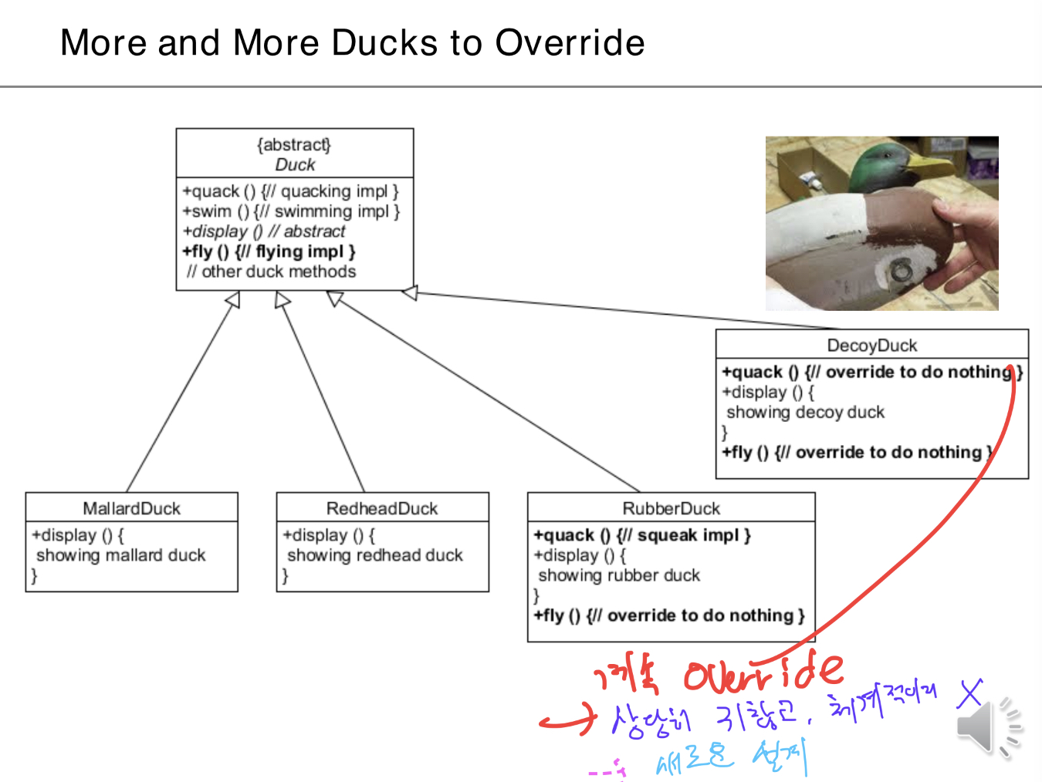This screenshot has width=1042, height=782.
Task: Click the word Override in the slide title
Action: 570,43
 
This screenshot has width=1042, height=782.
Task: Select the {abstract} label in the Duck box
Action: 294,145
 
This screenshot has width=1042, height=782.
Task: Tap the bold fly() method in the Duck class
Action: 269,251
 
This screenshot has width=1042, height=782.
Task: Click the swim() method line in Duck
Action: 291,211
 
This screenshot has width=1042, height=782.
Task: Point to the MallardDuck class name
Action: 131,508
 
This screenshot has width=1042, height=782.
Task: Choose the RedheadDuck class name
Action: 382,508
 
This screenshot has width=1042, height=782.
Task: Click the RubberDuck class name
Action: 671,508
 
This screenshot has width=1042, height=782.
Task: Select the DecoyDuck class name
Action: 872,345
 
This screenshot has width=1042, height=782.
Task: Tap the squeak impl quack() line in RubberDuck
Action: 641,535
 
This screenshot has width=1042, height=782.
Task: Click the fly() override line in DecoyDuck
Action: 857,453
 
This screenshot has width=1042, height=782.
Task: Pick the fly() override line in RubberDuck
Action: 668,615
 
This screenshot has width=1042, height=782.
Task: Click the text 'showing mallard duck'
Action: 121,555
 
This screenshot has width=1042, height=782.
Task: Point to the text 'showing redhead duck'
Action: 375,555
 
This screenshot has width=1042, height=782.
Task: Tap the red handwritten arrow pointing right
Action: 568,720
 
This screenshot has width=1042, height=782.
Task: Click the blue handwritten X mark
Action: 970,693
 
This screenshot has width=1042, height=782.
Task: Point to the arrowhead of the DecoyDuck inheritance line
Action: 410,292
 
